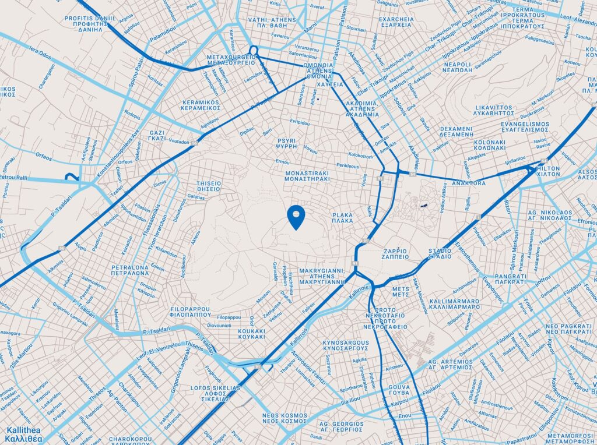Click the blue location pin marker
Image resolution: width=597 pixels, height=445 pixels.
tap(297, 217)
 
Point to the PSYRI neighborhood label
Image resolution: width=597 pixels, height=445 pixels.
tap(287, 144)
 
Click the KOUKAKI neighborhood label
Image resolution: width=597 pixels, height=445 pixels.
tap(252, 334)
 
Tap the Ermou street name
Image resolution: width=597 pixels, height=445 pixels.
tap(282, 161)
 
